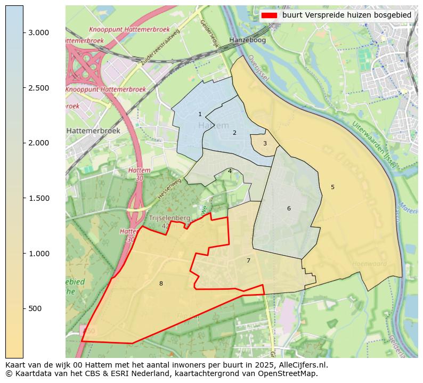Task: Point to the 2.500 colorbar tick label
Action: tap(39, 88)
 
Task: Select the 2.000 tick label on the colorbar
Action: tap(39, 143)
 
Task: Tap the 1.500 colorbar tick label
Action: tap(39, 198)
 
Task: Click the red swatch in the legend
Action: tap(269, 15)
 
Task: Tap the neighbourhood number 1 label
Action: tap(200, 114)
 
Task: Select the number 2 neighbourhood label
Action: tap(234, 133)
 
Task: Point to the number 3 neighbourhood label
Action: tap(265, 143)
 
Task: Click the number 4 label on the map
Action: tap(230, 171)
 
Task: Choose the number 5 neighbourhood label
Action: tap(332, 187)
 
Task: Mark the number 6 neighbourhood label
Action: tap(289, 208)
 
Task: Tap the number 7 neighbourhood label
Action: tap(248, 260)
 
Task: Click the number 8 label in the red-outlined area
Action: tap(161, 283)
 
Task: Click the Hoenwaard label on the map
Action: tap(369, 263)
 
